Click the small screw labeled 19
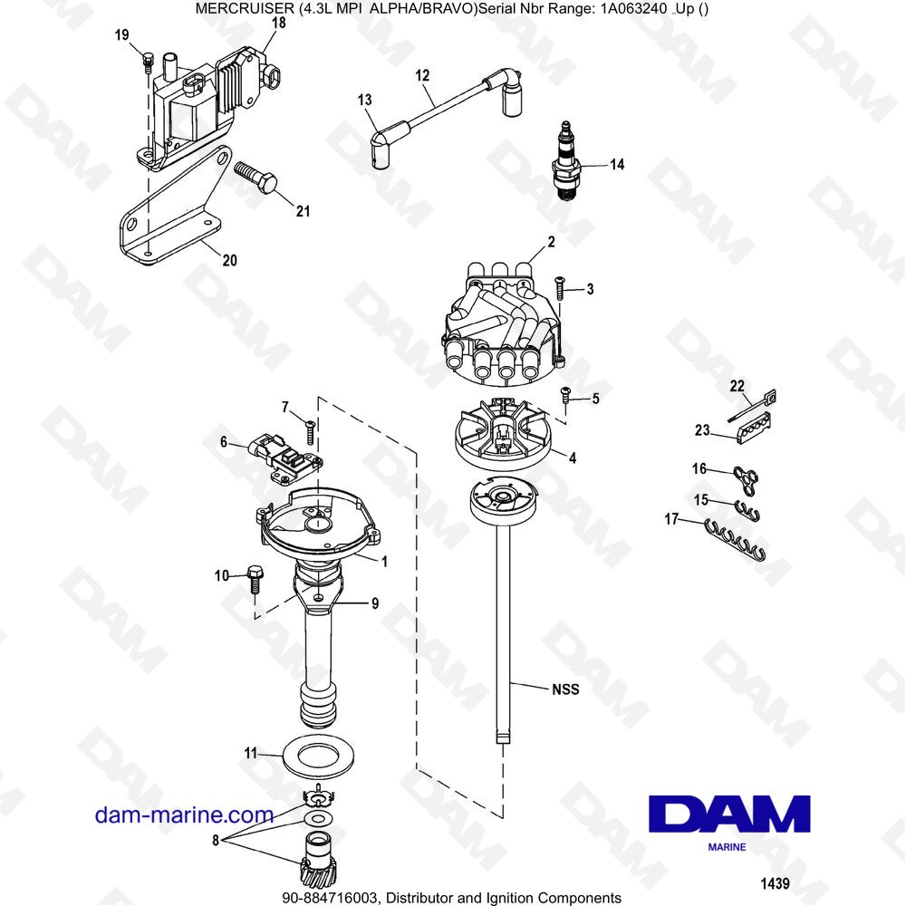(146, 62)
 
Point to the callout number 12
(422, 76)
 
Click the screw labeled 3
(559, 287)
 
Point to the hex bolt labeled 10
(252, 577)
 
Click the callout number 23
(701, 431)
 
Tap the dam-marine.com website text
(185, 815)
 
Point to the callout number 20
(229, 261)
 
